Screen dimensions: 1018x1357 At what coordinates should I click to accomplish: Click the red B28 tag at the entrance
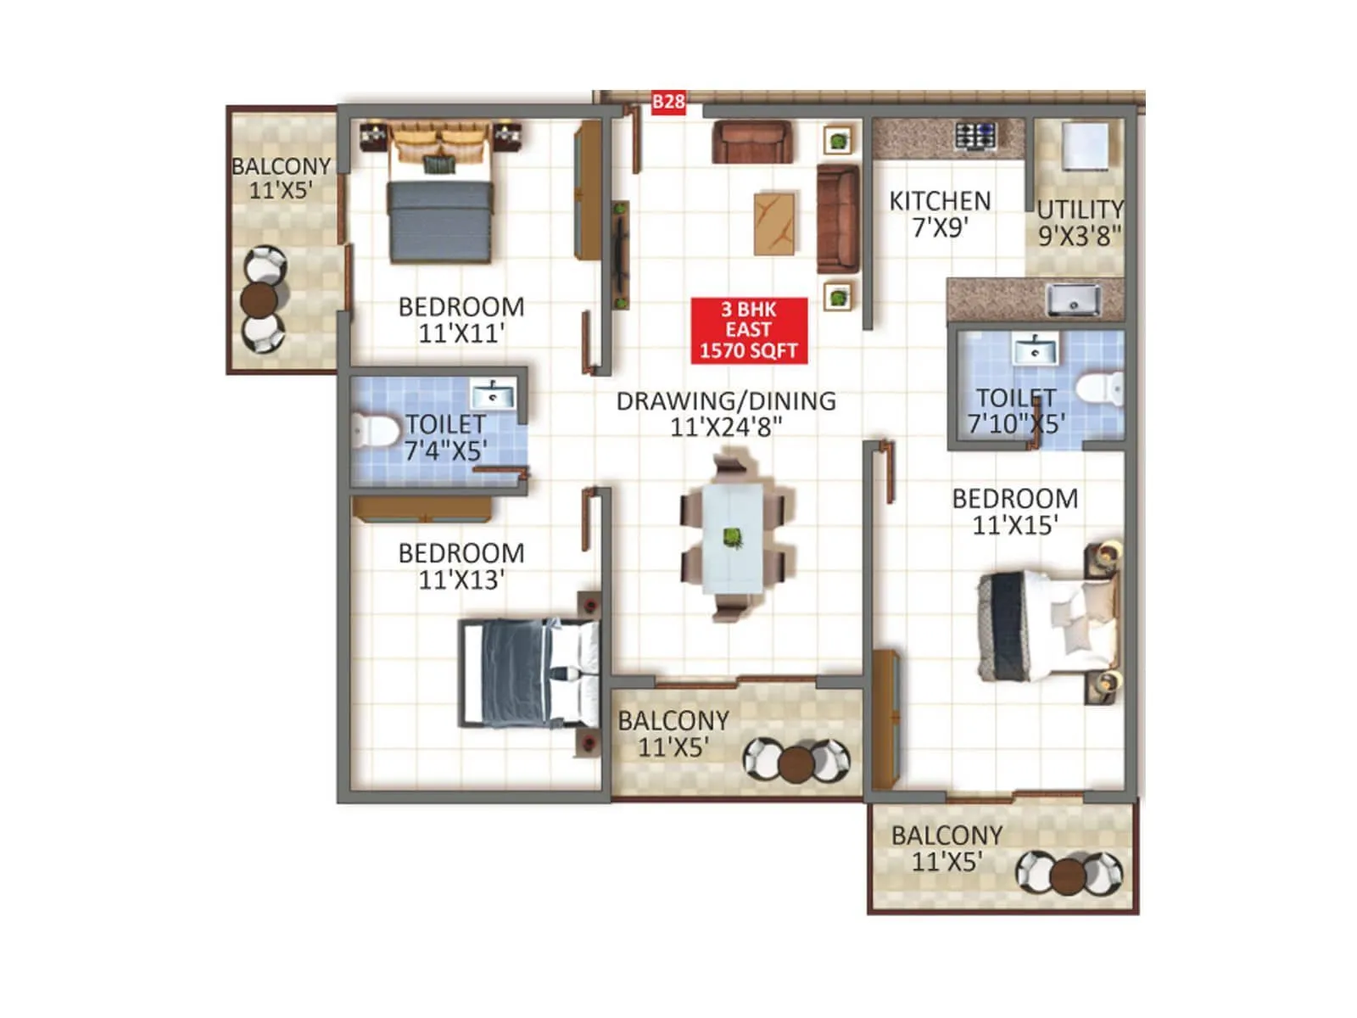(668, 103)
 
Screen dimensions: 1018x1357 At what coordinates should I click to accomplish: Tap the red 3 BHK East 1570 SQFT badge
(748, 330)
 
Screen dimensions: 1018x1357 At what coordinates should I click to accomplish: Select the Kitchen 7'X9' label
(940, 214)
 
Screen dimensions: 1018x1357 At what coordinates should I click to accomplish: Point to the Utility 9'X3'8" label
(1080, 222)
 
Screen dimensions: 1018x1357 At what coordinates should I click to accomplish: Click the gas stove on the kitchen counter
(975, 136)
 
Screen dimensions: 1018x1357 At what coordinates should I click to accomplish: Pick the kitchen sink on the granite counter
(1073, 299)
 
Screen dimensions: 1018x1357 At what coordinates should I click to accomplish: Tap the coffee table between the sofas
(774, 223)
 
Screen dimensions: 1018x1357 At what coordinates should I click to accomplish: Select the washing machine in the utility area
(1086, 147)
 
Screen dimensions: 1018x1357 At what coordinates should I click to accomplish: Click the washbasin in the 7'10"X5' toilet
(1035, 349)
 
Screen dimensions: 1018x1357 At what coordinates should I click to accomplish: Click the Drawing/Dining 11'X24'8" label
(726, 413)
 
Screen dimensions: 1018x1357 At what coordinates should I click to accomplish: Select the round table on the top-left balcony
(260, 299)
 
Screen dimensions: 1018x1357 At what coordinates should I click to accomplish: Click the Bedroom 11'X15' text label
(1014, 512)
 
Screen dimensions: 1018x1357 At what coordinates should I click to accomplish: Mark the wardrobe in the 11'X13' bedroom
(422, 509)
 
